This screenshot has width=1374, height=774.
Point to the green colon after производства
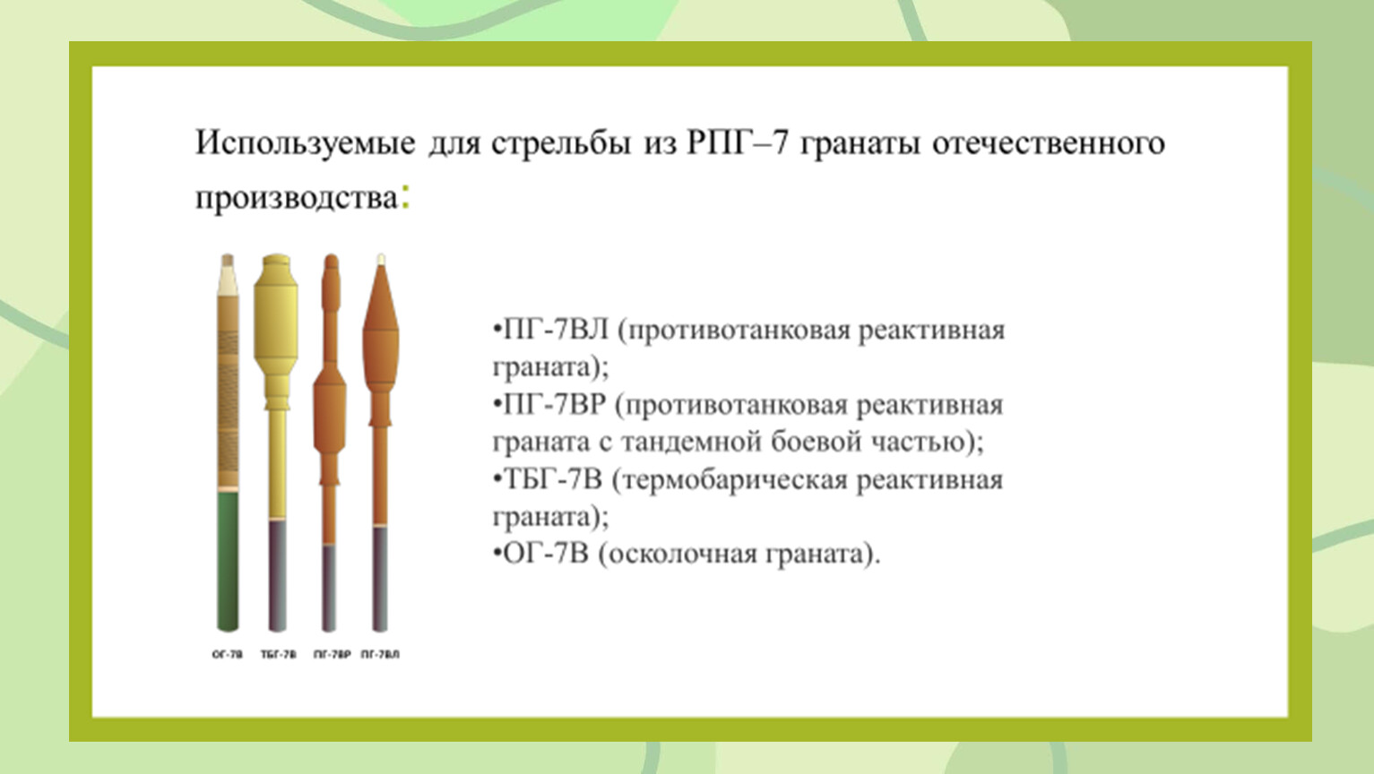coord(405,196)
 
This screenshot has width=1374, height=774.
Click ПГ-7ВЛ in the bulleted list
coord(555,331)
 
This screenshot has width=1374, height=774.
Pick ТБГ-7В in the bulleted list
coord(552,479)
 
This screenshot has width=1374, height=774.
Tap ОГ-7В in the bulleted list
coord(545,555)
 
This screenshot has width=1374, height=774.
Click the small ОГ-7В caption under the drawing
coord(228,655)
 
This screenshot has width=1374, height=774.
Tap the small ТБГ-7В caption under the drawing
coord(279,655)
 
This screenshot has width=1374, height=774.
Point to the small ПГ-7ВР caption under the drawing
coord(332,655)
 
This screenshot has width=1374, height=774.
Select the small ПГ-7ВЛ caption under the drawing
coord(380,655)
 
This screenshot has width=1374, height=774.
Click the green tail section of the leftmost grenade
coord(228,561)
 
